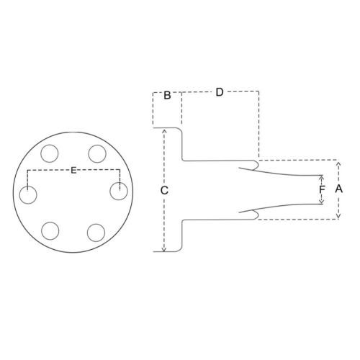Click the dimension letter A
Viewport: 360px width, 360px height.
coord(338,189)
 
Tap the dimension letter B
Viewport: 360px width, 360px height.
coord(167,95)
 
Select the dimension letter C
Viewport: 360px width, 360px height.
coord(164,191)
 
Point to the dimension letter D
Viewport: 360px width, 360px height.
coord(220,92)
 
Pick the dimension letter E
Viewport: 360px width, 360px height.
coord(73,171)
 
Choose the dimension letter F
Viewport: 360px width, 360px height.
coord(322,189)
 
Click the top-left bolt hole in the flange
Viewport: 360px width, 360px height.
coord(50,153)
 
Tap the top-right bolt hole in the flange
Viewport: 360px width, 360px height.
coord(97,153)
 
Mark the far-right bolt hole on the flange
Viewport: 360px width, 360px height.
coord(119,192)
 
